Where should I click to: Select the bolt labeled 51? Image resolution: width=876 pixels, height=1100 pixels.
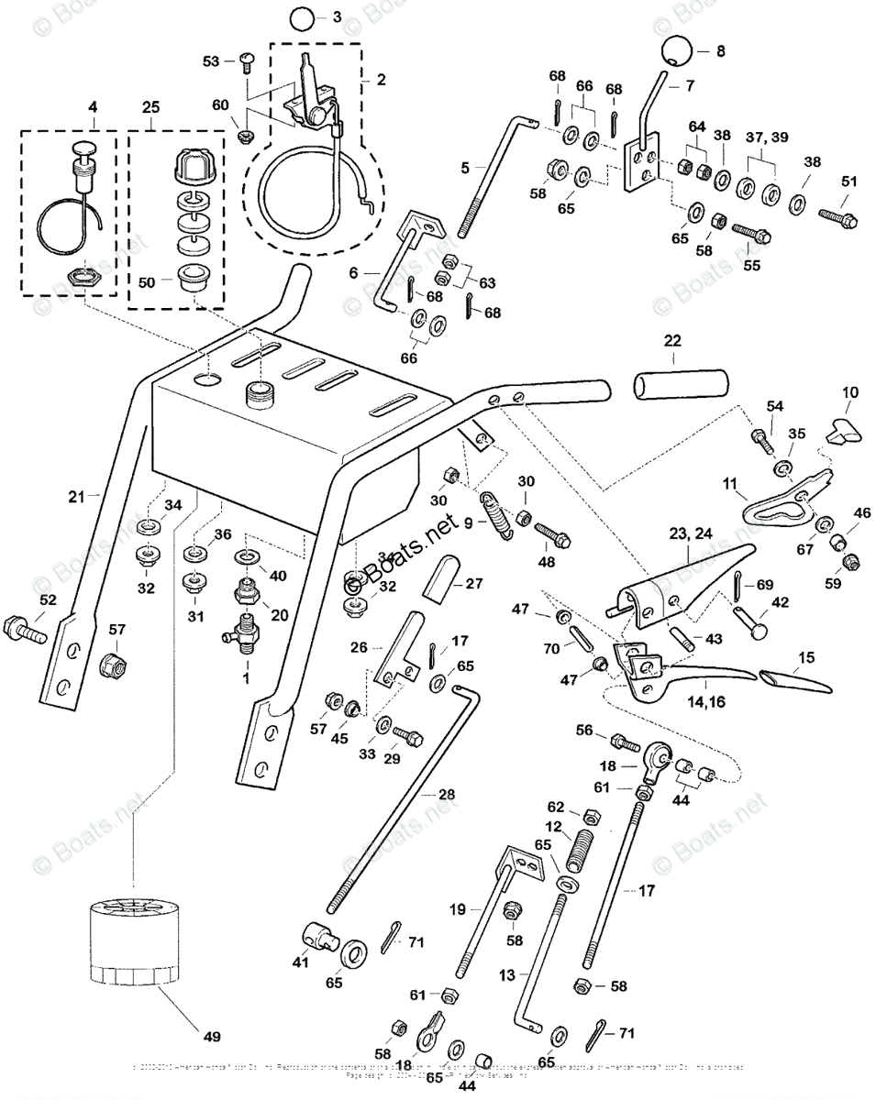pyautogui.click(x=834, y=219)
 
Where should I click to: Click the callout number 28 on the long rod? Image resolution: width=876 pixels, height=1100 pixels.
pyautogui.click(x=444, y=796)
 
